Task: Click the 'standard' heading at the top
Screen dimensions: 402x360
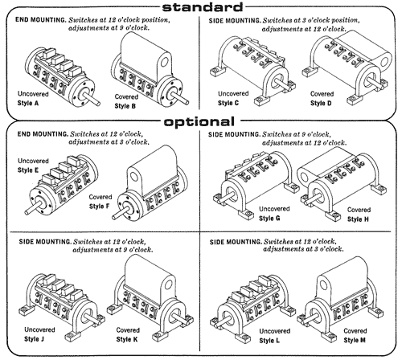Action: pyautogui.click(x=203, y=7)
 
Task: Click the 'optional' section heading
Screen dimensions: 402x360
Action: pyautogui.click(x=199, y=122)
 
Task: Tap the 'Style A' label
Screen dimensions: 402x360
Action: pyautogui.click(x=28, y=103)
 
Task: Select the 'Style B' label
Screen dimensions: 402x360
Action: pyautogui.click(x=125, y=106)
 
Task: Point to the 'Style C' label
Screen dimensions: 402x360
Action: pyautogui.click(x=228, y=103)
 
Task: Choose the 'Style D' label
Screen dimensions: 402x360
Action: pyautogui.click(x=321, y=103)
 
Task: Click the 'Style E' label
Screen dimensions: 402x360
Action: pyautogui.click(x=28, y=170)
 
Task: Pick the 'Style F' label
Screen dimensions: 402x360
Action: pyautogui.click(x=99, y=207)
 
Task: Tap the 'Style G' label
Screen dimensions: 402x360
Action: pyautogui.click(x=269, y=219)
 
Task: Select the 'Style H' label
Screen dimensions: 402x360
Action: pyautogui.click(x=358, y=219)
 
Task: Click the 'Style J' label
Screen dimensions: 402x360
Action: pyautogui.click(x=34, y=339)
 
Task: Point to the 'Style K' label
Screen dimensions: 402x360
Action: pyautogui.click(x=127, y=339)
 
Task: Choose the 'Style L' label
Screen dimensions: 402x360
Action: pyautogui.click(x=269, y=341)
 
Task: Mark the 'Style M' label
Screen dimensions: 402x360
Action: pyautogui.click(x=355, y=340)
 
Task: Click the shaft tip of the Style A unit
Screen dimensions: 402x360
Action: pyautogui.click(x=98, y=103)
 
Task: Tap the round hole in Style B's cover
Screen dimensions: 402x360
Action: pyautogui.click(x=164, y=62)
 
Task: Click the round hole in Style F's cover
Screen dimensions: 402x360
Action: pyautogui.click(x=133, y=177)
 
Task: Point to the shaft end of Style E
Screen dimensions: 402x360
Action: pyautogui.click(x=27, y=212)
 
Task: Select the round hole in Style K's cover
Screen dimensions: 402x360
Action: pyautogui.click(x=169, y=284)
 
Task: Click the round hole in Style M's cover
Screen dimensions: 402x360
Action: pyautogui.click(x=324, y=286)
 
